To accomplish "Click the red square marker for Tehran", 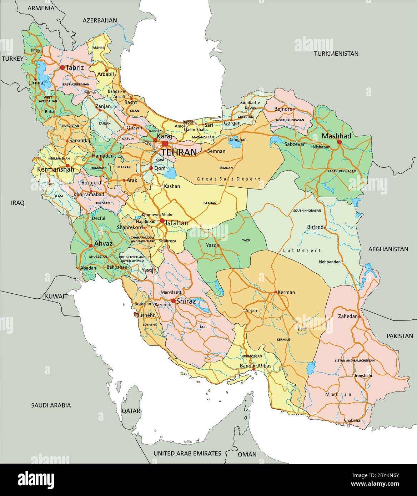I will (x=165, y=143).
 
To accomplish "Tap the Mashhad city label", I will (x=336, y=136).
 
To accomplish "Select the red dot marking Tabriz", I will (x=62, y=67).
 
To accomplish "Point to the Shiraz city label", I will (x=186, y=301).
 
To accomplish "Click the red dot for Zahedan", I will (x=360, y=317).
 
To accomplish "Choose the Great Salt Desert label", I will (x=228, y=179).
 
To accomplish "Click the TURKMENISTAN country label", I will (x=336, y=54).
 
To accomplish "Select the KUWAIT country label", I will (x=56, y=296).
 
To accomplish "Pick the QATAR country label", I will (x=131, y=411).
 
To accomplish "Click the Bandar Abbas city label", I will (x=256, y=366).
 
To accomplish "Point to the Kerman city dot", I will (x=276, y=292).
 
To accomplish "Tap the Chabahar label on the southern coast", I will (x=353, y=420).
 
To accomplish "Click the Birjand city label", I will (x=315, y=227).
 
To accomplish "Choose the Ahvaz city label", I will (x=103, y=244).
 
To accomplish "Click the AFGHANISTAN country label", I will (x=388, y=249).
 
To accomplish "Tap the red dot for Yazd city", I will (x=218, y=246).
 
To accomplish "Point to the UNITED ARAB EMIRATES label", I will (x=187, y=453).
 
